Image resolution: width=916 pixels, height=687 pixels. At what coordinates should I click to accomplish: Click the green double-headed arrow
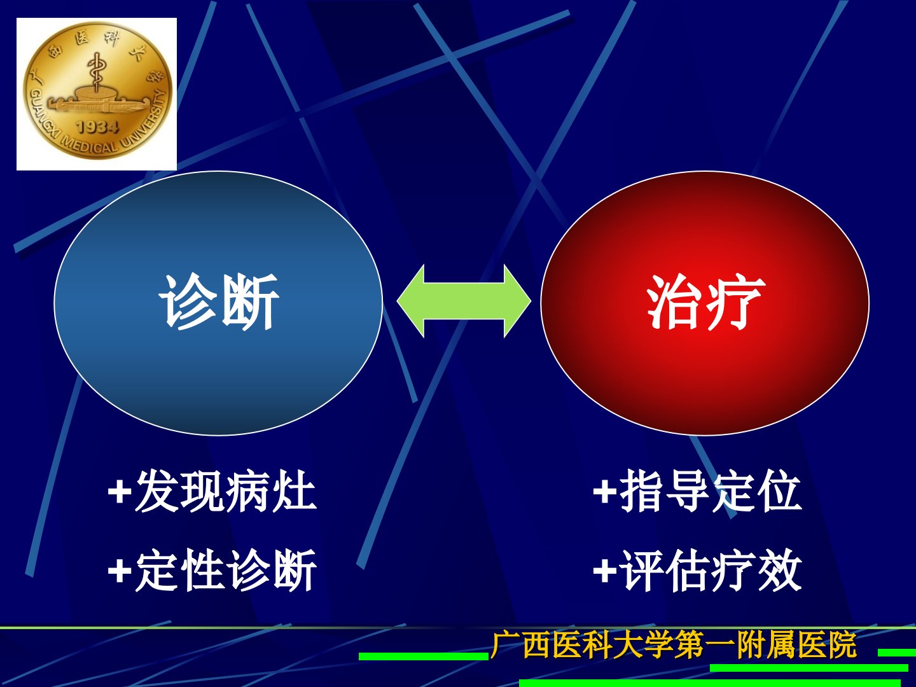pyautogui.click(x=464, y=301)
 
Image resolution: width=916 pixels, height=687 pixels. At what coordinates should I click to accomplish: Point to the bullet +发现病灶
pyautogui.click(x=212, y=491)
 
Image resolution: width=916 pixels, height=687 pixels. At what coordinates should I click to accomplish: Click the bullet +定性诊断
pyautogui.click(x=212, y=570)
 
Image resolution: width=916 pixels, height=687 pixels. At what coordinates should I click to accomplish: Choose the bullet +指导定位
pyautogui.click(x=697, y=491)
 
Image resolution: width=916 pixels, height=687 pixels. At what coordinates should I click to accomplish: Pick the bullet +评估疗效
pyautogui.click(x=697, y=570)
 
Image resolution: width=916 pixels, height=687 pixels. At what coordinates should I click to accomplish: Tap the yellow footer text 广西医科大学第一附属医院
pyautogui.click(x=673, y=644)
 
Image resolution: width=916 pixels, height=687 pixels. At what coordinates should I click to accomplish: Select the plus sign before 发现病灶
pyautogui.click(x=120, y=492)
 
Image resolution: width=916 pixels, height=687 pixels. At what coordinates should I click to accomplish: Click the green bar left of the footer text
pyautogui.click(x=424, y=656)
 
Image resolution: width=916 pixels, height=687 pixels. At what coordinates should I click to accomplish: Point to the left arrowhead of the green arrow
pyautogui.click(x=411, y=301)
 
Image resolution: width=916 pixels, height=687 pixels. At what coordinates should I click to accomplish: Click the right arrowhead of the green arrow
pyautogui.click(x=518, y=301)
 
